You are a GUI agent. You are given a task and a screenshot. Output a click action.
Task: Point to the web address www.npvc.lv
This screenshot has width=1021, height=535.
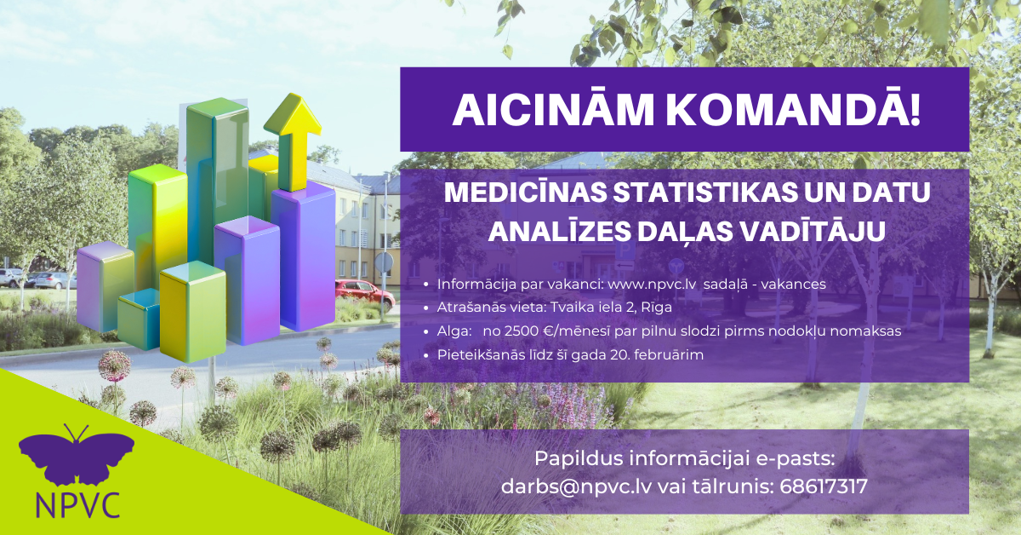[x=652, y=285]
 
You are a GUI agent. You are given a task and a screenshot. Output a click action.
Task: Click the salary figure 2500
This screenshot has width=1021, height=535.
[x=522, y=331]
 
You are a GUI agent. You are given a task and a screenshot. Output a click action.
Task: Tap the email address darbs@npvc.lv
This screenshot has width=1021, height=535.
[x=576, y=486]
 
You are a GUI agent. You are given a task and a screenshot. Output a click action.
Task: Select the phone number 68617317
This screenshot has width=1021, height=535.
[x=824, y=486]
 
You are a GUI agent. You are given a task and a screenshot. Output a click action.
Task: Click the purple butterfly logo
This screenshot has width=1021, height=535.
[x=76, y=455]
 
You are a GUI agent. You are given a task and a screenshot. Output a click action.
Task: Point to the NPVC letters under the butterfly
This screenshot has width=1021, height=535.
[x=77, y=504]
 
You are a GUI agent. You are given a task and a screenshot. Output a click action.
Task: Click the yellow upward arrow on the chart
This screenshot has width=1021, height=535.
[x=293, y=142]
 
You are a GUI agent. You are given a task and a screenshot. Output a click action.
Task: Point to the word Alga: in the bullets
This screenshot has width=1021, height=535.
[x=454, y=331]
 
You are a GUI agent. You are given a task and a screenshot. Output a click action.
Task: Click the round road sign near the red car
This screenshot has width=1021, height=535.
[x=384, y=263]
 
